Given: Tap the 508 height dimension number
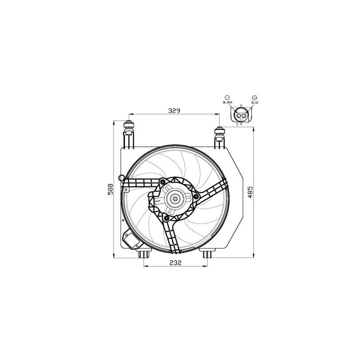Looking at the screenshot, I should pos(110,189).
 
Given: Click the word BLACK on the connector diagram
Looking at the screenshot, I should pos(227,103).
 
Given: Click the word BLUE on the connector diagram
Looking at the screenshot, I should pos(255,103).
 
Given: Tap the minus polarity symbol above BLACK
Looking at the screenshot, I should pos(227,97).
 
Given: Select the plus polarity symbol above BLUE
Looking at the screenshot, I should pos(255,97).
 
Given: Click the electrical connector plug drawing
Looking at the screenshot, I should pos(241,116).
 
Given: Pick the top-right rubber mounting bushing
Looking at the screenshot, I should pos(220,132).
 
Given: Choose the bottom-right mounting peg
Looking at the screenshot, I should pos(207,254).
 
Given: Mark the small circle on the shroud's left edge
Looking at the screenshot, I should pos(121,178).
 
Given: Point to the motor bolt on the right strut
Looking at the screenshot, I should pos(196,196).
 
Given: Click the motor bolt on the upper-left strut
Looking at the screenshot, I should pos(162,181).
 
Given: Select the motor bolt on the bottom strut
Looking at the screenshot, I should pos(167,218).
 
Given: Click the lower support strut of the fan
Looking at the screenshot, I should pos(172,236).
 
